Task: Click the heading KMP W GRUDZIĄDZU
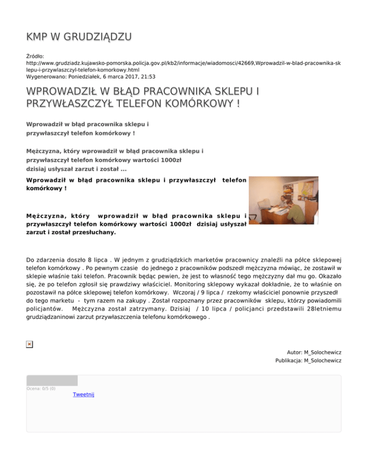pyautogui.click(x=80, y=36)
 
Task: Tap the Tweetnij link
pyautogui.click(x=84, y=394)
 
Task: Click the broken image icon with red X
pyautogui.click(x=30, y=344)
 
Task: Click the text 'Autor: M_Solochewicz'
pyautogui.click(x=314, y=352)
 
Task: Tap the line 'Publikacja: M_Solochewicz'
pyautogui.click(x=308, y=360)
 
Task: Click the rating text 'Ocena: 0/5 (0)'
pyautogui.click(x=41, y=388)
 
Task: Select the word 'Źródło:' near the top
pyautogui.click(x=35, y=56)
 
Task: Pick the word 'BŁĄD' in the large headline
pyautogui.click(x=131, y=91)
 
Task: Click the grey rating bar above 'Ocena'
pyautogui.click(x=52, y=380)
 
